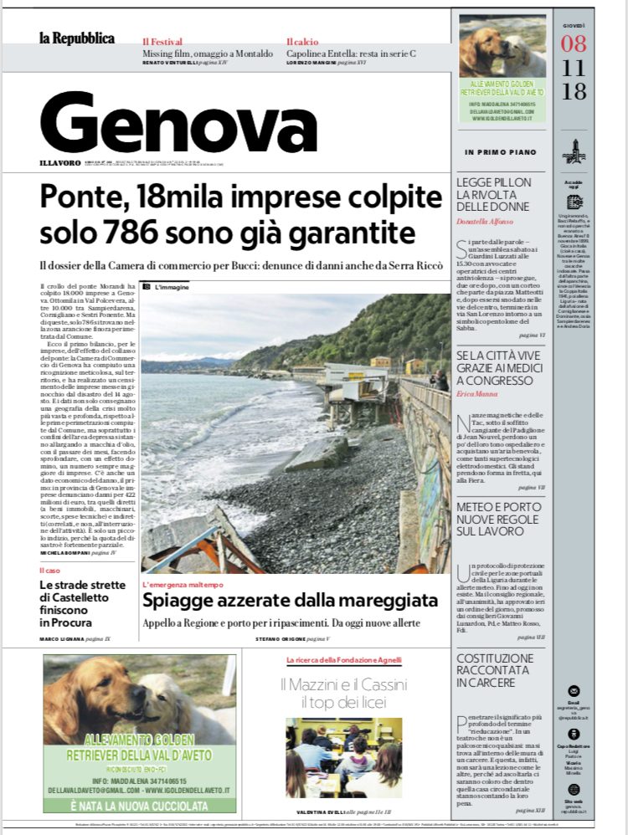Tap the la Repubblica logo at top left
click(x=76, y=38)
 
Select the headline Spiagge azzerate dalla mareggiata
click(x=290, y=600)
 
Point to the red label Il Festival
click(x=162, y=41)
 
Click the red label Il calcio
click(x=301, y=41)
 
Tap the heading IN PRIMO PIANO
click(x=499, y=151)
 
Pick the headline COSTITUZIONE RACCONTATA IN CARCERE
click(x=495, y=670)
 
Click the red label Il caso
click(x=49, y=571)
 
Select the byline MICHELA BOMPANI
click(x=64, y=553)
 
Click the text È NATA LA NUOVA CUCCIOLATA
click(x=139, y=805)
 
